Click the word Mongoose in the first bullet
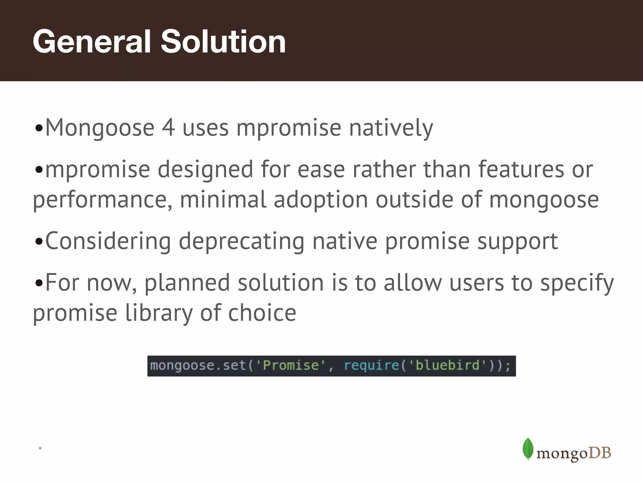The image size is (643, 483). [100, 128]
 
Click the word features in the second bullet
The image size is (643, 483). [521, 169]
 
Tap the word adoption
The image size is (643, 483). [321, 200]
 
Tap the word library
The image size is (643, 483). [159, 313]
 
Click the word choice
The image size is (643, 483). [262, 313]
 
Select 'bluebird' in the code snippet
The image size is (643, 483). [447, 366]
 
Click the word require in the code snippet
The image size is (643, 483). [371, 366]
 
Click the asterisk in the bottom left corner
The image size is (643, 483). [40, 448]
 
